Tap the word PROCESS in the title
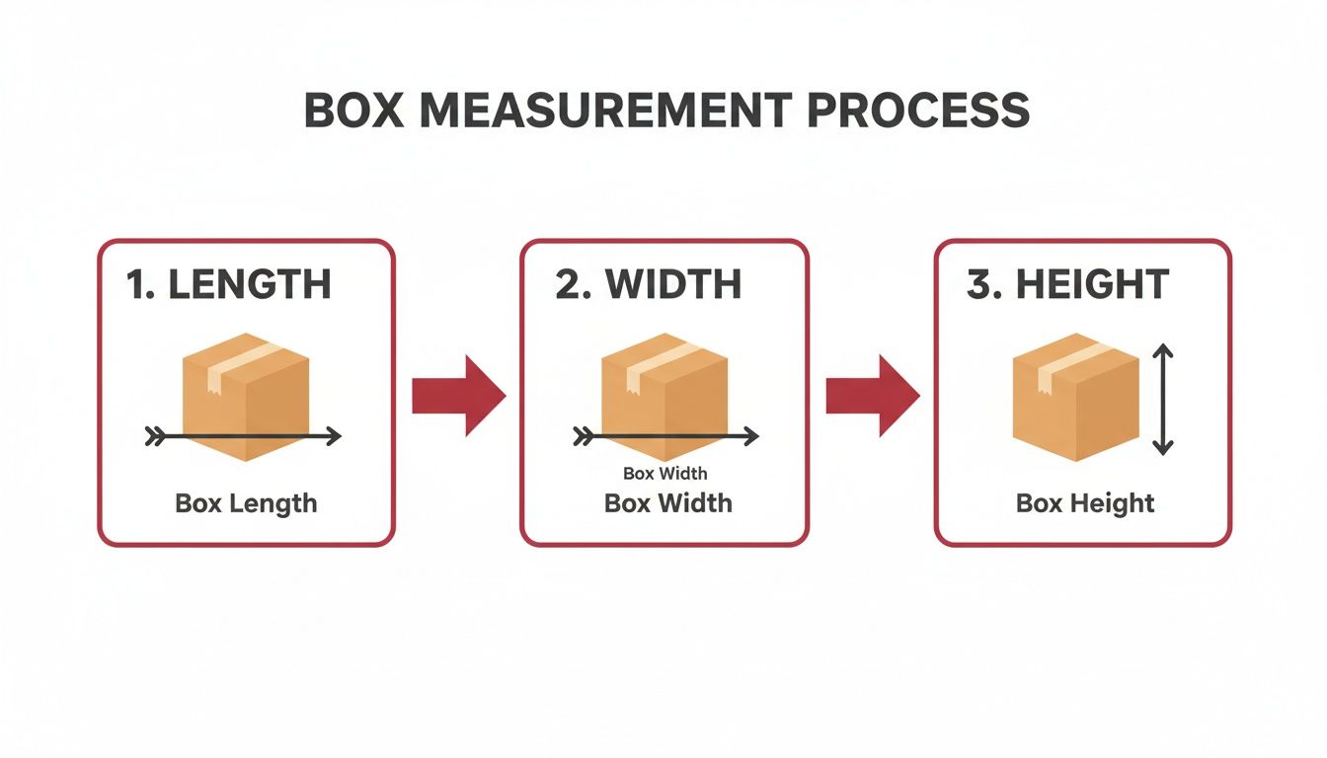(918, 111)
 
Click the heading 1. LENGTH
(228, 284)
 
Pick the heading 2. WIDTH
(648, 284)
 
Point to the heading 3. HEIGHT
(1067, 284)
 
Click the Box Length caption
(246, 503)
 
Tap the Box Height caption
(1084, 503)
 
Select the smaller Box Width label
(664, 474)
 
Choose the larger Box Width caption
(667, 503)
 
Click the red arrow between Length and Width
(458, 396)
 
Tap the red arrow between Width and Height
(872, 396)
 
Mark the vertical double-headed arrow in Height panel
(1163, 399)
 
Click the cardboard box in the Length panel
(246, 395)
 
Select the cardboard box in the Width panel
(664, 395)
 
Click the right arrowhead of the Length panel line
(334, 435)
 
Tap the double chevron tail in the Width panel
(583, 435)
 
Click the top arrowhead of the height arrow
(1163, 351)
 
